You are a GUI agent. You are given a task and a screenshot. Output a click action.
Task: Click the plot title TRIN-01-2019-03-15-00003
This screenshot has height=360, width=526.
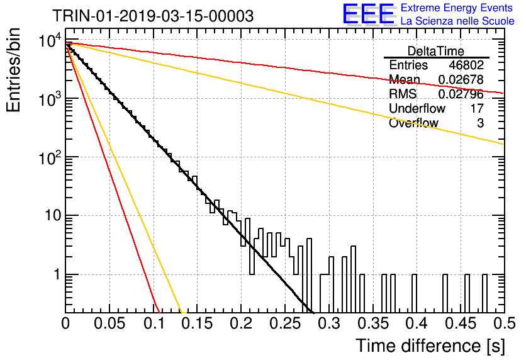[x=153, y=16]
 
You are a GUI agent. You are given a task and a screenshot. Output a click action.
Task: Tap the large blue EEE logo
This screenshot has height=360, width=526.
[x=369, y=14]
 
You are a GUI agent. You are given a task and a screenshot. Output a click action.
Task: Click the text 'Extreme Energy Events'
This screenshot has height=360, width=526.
[x=457, y=8]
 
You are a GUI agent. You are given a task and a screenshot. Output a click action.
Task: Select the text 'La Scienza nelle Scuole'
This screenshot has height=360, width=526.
[x=457, y=21]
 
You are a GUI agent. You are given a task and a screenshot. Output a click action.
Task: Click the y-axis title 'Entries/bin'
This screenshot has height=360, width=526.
[x=13, y=70]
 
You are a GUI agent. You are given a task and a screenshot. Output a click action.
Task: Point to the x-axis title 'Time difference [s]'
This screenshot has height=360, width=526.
[x=430, y=346]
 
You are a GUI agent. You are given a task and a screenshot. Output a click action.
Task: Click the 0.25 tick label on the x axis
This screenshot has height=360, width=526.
[x=285, y=323]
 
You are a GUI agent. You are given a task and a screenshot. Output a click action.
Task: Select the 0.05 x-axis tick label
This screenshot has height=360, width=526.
[x=109, y=323]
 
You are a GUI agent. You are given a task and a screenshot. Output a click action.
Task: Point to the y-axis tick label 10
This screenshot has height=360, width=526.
[x=53, y=215]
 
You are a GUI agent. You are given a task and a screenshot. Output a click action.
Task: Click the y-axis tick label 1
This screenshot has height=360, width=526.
[x=57, y=274]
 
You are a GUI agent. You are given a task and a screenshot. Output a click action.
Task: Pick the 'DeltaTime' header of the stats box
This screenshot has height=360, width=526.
[x=436, y=51]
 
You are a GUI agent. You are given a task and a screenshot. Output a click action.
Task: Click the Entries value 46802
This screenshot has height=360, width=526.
[x=466, y=65]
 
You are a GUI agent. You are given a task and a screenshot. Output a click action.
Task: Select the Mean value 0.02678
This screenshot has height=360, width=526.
[x=461, y=79]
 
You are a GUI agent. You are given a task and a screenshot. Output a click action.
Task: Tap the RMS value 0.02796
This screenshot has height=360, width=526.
[x=461, y=94]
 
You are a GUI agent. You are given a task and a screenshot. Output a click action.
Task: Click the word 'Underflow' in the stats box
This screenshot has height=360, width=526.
[x=417, y=108]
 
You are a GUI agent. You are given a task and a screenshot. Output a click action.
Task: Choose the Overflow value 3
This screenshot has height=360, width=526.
[x=480, y=123]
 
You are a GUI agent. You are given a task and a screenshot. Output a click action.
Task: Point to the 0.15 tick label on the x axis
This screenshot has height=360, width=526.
[x=197, y=323]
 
